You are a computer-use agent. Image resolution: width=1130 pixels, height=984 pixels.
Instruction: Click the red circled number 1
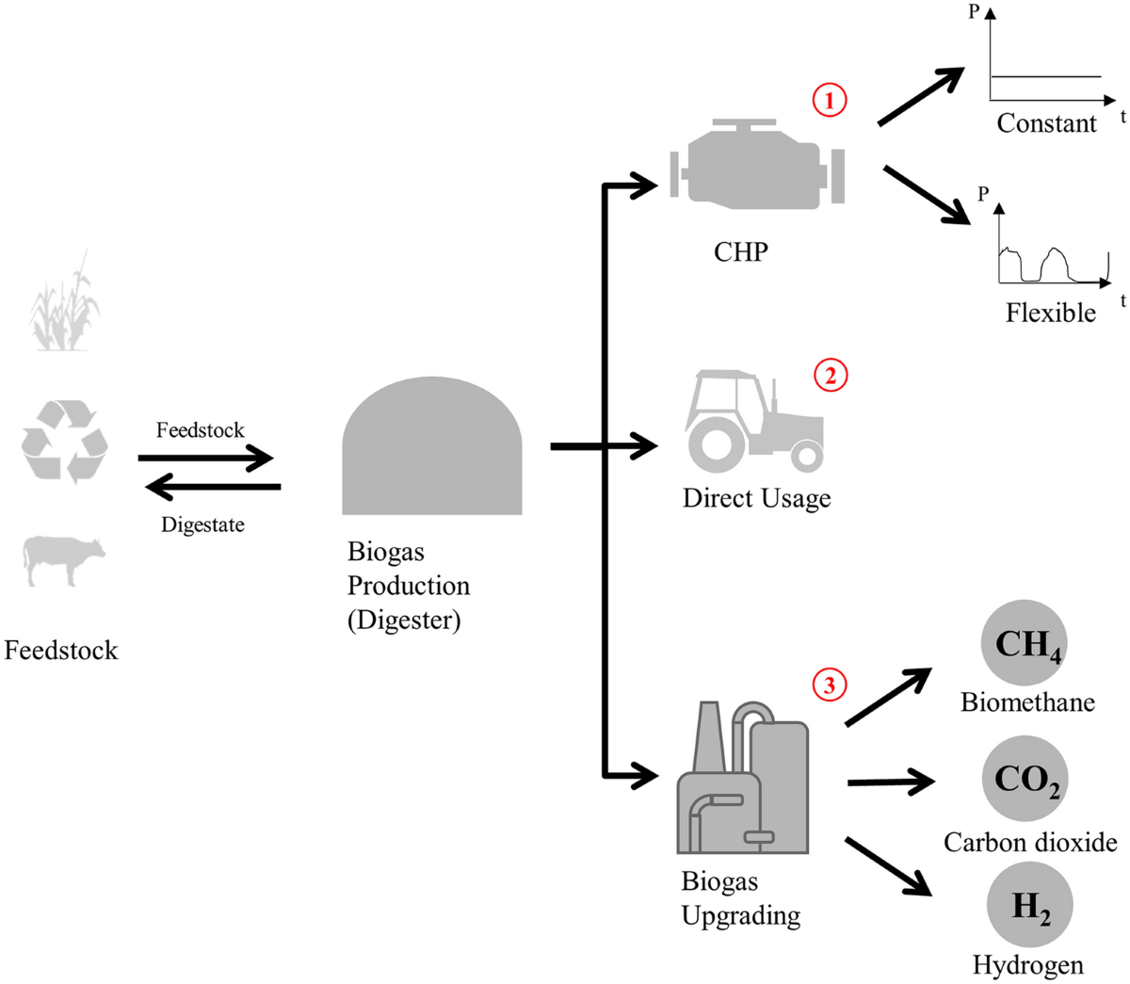coord(830,100)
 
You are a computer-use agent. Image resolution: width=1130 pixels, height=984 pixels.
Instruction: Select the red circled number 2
coord(830,375)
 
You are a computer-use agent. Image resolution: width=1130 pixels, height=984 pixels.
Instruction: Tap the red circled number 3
coord(829,685)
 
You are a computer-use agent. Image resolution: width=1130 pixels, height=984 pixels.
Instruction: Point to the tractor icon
coord(754,421)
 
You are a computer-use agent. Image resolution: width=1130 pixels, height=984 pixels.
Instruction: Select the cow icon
coord(63,559)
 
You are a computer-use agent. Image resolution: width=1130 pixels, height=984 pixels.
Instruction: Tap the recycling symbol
coord(65,441)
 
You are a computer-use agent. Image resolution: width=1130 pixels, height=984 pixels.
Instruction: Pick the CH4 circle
coord(1025,643)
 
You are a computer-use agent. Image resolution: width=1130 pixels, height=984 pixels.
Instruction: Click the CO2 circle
coord(1025,779)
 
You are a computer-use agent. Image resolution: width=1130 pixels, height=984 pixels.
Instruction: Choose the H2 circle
coord(1029,905)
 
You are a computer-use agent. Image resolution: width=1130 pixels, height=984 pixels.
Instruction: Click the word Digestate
coord(202,524)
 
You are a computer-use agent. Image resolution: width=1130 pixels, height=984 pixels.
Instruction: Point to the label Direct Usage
coord(756,498)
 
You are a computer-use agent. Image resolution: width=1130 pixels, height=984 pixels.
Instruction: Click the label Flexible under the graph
coord(1050,313)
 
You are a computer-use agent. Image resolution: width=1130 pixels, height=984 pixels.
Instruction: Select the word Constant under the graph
coord(1046,123)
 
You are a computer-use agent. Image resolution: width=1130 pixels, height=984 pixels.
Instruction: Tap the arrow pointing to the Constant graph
coord(920,96)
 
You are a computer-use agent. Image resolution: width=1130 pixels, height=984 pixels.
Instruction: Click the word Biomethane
coord(1027,702)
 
